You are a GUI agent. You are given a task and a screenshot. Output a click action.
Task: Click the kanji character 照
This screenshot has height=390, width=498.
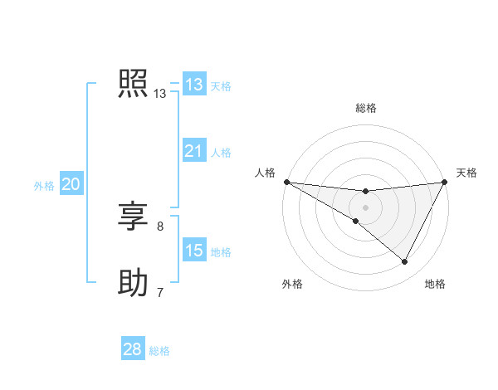click(133, 84)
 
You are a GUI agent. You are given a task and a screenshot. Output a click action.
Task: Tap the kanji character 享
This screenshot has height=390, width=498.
click(133, 217)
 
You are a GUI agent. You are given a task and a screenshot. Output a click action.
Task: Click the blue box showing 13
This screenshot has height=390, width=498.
click(194, 85)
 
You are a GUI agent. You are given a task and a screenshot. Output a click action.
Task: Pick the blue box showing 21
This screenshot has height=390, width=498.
click(194, 151)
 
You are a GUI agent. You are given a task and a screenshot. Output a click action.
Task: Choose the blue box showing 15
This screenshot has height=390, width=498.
click(194, 251)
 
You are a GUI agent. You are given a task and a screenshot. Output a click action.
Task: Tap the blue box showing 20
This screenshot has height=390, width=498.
click(71, 184)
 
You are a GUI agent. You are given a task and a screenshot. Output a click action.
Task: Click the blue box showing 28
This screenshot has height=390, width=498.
click(133, 349)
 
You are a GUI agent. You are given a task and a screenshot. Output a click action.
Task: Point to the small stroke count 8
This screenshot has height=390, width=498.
click(160, 226)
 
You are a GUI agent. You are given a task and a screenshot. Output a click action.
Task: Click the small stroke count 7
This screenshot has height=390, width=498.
click(160, 292)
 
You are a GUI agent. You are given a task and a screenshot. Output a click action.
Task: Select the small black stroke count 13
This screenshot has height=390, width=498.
click(160, 94)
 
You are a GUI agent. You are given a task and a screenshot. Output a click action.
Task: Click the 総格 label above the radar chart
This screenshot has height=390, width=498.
click(365, 108)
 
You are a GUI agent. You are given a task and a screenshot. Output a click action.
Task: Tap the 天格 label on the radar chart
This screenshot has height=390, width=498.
click(467, 173)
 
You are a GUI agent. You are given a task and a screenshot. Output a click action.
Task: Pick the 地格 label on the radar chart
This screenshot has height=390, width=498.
click(435, 285)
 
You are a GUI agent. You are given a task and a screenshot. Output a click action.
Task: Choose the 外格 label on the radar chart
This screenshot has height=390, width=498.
click(292, 285)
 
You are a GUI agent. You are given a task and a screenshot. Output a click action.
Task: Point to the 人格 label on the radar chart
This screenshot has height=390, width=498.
click(265, 173)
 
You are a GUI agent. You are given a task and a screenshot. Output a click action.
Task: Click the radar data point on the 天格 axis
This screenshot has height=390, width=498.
click(445, 182)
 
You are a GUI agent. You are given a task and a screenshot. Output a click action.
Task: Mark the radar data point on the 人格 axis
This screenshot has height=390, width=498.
click(286, 182)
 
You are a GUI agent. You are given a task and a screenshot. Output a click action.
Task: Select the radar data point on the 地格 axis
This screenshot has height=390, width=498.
click(405, 262)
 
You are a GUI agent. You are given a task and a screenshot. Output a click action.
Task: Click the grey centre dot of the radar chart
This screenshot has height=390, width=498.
click(365, 207)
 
